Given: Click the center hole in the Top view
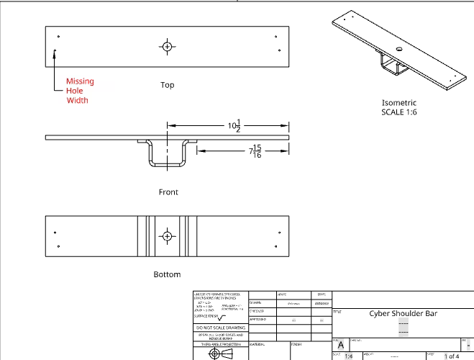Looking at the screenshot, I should (167, 47).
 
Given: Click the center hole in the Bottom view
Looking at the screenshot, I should (167, 235).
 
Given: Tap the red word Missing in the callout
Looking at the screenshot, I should (80, 81).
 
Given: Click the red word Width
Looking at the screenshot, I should (77, 100).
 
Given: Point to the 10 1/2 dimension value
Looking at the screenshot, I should (233, 127).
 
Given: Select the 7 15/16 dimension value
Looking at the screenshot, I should (254, 152).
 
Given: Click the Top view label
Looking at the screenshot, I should (167, 85).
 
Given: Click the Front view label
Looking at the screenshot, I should (168, 192).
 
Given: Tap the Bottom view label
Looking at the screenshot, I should (167, 274).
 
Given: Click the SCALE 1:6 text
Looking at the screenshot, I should (399, 112).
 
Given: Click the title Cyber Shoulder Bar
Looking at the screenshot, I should (404, 313).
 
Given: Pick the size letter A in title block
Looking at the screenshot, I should (341, 345).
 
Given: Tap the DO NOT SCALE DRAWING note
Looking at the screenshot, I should (220, 328).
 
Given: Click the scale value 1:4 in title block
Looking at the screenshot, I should (349, 356).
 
